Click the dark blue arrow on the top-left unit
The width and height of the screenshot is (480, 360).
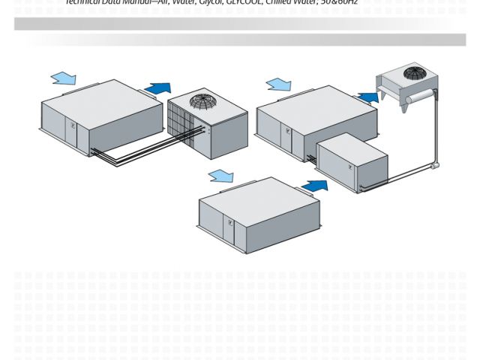tap(157, 88)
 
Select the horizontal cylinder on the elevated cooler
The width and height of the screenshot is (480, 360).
tap(409, 91)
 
